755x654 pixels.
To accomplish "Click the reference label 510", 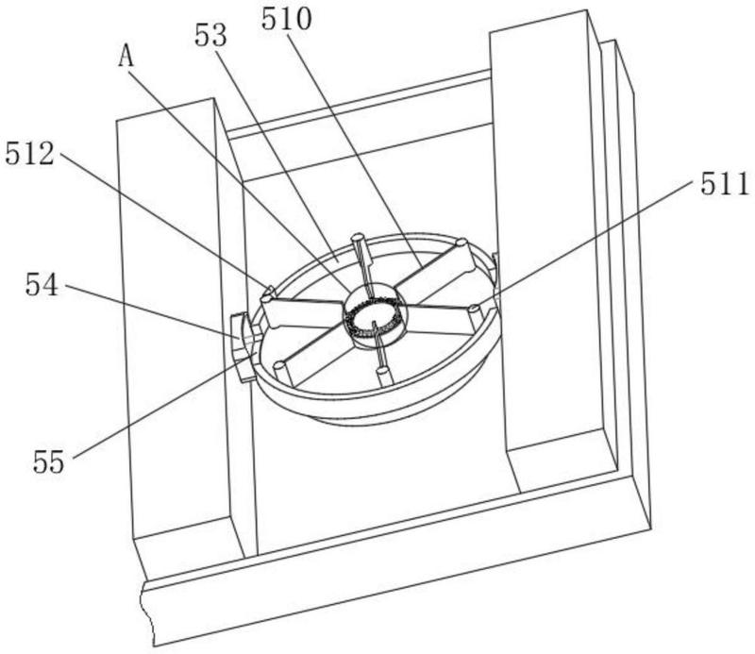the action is (287, 20).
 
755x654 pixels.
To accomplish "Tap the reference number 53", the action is (210, 35).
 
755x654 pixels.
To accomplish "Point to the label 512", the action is (30, 154).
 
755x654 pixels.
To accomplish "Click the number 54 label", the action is (42, 284).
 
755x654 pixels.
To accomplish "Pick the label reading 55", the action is (48, 461).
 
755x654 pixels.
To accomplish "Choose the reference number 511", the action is (724, 184).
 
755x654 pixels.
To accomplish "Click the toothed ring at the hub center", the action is (374, 318).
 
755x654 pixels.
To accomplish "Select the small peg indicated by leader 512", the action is (269, 292).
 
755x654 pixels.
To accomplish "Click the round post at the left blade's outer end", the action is (266, 302).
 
